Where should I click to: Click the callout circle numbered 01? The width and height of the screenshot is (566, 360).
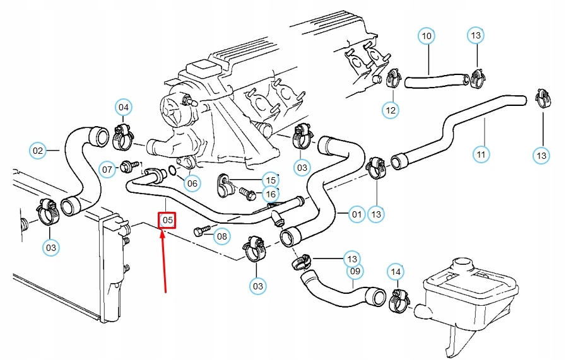click(357, 214)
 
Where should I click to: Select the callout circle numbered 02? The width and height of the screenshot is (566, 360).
click(38, 151)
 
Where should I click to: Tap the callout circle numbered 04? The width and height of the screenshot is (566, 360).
click(124, 108)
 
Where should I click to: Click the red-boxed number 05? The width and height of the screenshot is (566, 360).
click(167, 220)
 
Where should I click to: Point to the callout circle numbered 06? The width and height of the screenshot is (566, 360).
click(192, 183)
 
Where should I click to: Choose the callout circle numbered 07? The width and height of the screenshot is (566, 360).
click(108, 169)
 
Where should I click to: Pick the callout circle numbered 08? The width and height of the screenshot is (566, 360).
click(221, 237)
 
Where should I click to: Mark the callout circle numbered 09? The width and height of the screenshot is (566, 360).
click(355, 272)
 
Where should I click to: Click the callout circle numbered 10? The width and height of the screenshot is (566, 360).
click(427, 36)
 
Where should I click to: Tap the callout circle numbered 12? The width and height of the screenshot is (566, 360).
click(391, 111)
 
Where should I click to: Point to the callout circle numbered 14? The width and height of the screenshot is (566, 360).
click(396, 272)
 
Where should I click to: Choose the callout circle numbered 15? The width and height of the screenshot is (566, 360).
click(270, 180)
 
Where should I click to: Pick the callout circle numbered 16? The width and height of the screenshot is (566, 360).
click(270, 194)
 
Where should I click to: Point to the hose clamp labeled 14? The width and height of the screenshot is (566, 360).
click(398, 298)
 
